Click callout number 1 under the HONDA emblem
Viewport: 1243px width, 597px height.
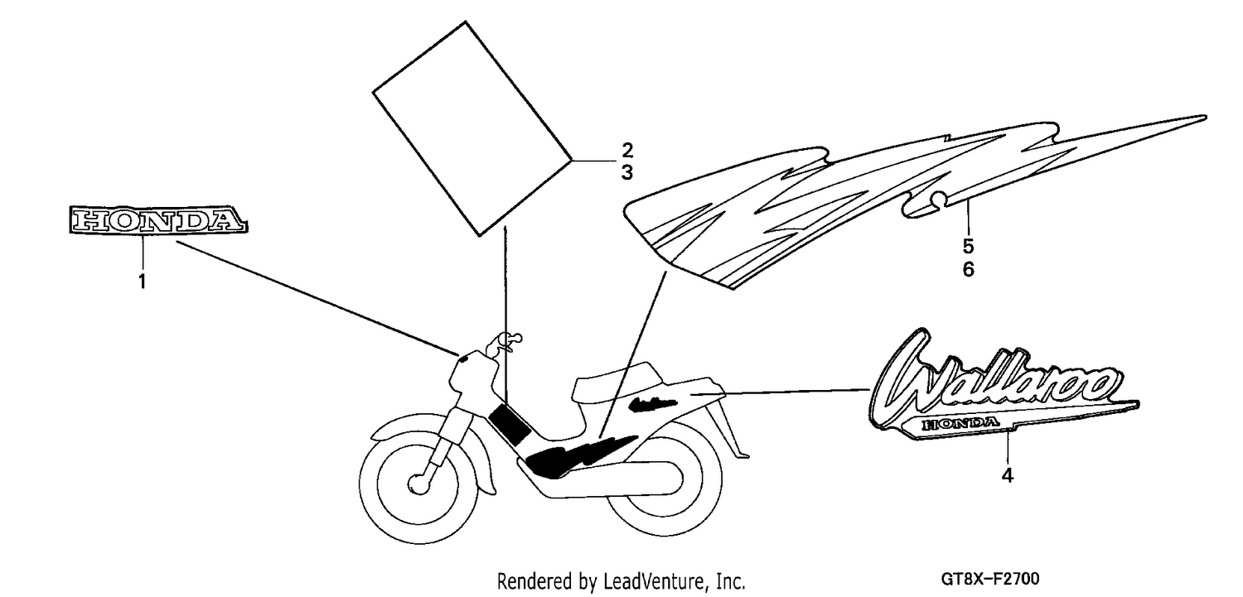click(x=142, y=282)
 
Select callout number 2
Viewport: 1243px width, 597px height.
click(x=627, y=150)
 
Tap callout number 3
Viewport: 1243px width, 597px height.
click(x=627, y=173)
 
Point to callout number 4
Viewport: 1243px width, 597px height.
click(x=1008, y=475)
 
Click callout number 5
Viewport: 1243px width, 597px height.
click(x=969, y=246)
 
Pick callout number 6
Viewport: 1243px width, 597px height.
click(x=969, y=269)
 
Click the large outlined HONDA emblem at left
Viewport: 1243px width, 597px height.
click(x=159, y=220)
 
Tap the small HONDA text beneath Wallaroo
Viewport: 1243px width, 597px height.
click(x=960, y=425)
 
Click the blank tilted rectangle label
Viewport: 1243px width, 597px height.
click(x=472, y=128)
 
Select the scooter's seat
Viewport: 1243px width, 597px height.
click(x=619, y=383)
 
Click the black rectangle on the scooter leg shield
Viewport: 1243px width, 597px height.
click(x=510, y=425)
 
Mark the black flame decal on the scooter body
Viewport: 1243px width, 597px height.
click(x=577, y=455)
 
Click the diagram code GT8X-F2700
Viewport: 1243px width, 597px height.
click(x=990, y=580)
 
